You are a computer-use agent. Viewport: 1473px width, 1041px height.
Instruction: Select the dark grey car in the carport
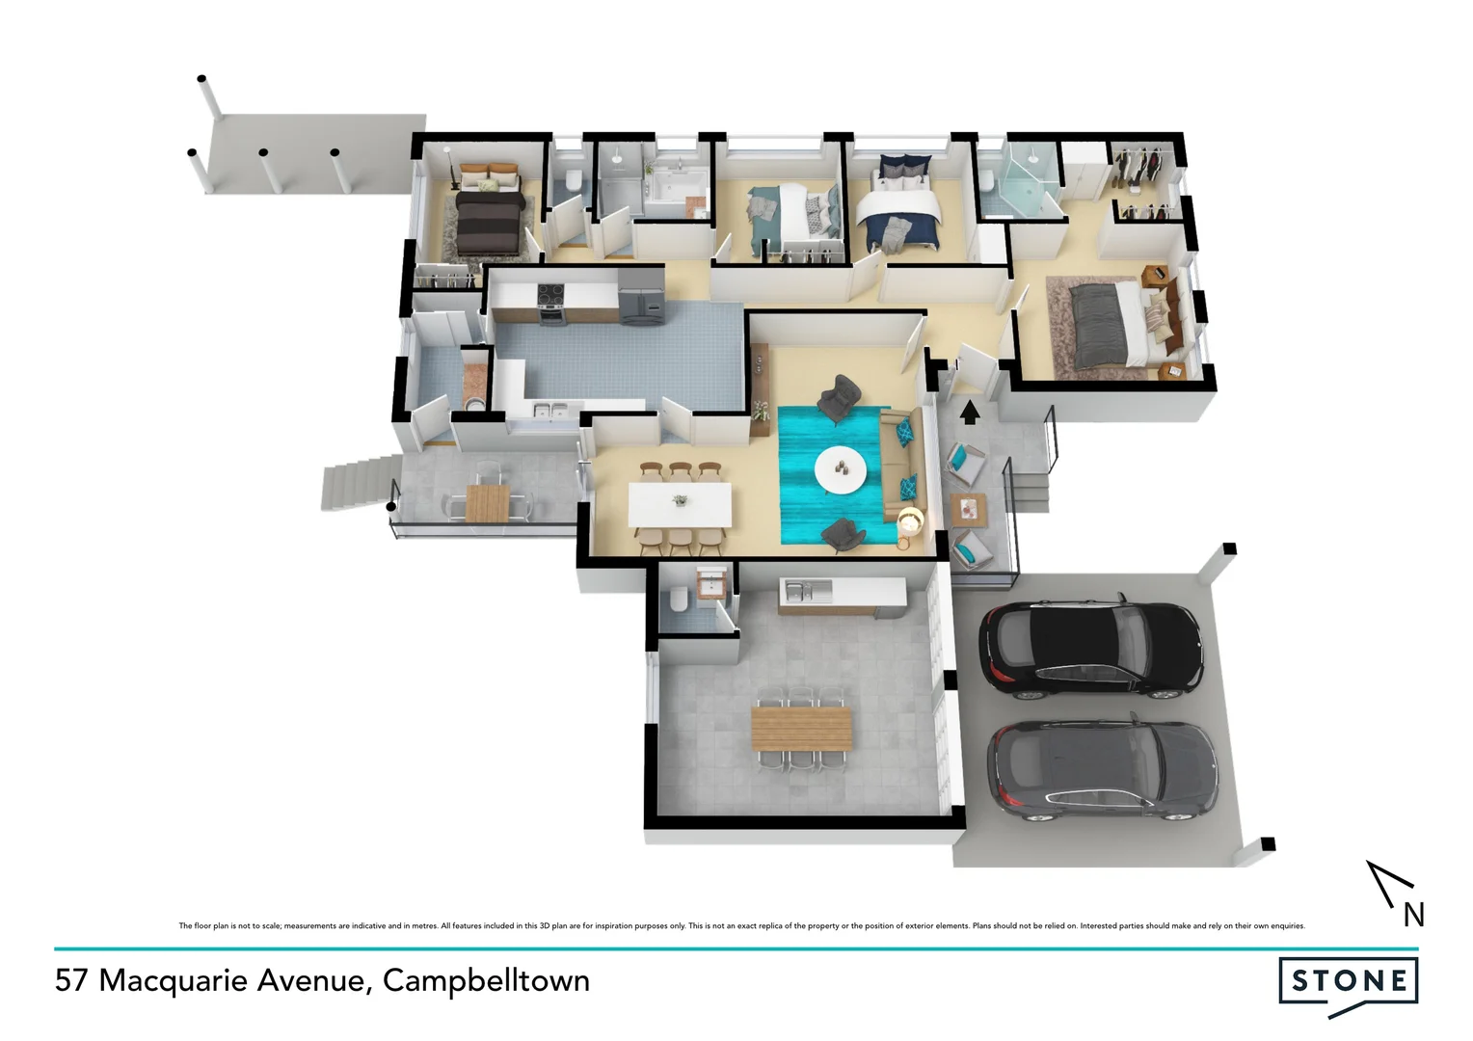pos(1102,771)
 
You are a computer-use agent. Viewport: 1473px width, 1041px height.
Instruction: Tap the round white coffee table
pos(840,471)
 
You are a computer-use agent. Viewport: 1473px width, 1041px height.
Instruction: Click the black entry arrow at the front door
pos(970,412)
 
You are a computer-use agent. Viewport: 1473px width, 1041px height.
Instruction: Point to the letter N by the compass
pos(1413,915)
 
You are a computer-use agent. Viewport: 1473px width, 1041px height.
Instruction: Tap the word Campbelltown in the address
pos(486,981)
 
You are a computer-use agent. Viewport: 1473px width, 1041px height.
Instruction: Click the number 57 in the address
pos(71,981)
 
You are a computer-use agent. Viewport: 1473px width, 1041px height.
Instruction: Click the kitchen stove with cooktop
pos(550,302)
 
